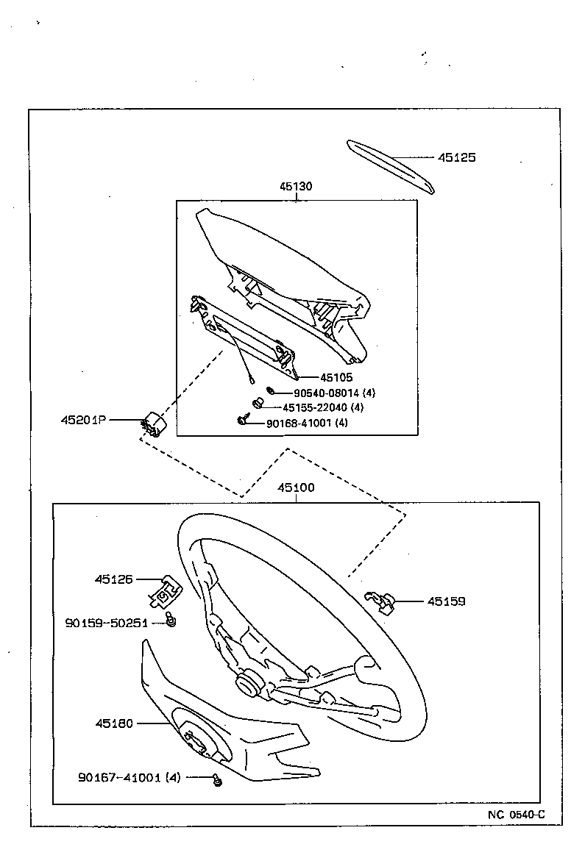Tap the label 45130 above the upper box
tap(295, 187)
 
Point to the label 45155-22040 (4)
tap(323, 407)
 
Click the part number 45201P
tap(83, 421)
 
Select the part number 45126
tap(113, 579)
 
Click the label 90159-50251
tap(107, 623)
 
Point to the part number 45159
tap(447, 601)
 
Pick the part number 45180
tap(113, 723)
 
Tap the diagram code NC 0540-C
tap(516, 814)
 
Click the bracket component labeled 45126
tap(166, 592)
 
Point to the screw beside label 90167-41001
tap(217, 780)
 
